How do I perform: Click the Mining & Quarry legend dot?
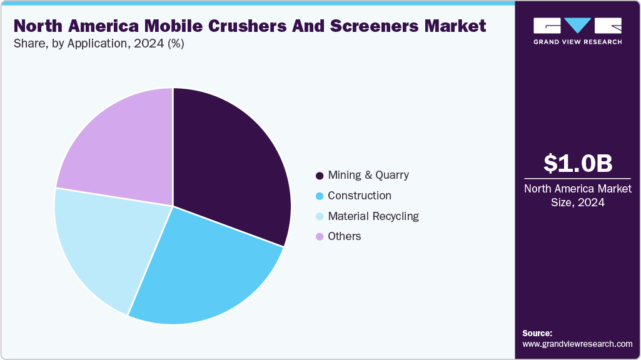(x=320, y=176)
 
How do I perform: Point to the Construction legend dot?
(x=320, y=196)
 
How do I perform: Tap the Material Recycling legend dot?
(x=320, y=217)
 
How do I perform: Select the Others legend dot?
(x=320, y=237)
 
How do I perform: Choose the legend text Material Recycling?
(x=373, y=216)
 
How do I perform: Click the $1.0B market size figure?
(x=577, y=164)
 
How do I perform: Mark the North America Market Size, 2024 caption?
(x=577, y=196)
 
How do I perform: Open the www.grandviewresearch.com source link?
(x=577, y=344)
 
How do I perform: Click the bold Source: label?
(x=537, y=333)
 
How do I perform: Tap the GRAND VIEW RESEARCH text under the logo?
(x=577, y=42)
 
